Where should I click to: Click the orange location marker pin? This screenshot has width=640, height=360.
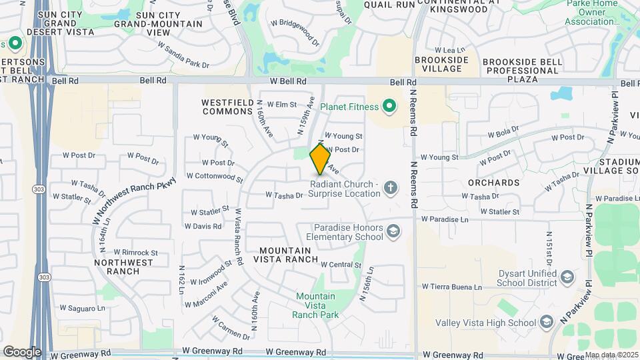320,159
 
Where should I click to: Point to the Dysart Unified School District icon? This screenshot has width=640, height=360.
567,277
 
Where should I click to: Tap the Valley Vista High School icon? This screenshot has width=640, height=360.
547,323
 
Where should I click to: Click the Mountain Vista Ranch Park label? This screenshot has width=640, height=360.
315,305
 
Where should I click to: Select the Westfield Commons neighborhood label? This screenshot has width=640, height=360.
227,107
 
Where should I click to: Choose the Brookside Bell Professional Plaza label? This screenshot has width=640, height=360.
519,69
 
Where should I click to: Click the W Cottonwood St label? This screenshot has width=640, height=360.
215,177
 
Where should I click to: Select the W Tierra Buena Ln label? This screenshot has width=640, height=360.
451,286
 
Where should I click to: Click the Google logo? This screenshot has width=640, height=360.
22,351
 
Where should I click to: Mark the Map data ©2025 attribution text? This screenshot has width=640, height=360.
611,355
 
